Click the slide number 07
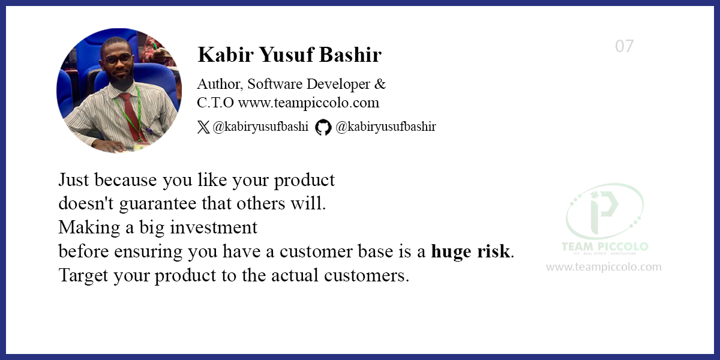coord(624,46)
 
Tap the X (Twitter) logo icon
coord(203,127)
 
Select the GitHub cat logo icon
coord(323,127)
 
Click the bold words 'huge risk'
coord(470,251)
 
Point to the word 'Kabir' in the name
coord(226,55)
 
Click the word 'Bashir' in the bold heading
coord(350,55)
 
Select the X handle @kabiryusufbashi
coord(260,127)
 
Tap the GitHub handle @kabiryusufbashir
coord(386,127)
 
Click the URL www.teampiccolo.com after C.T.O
coord(308,103)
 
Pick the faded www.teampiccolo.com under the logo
coord(604,267)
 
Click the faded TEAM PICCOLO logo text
coord(605,247)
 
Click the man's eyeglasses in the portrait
coord(118,60)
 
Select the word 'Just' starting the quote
coord(74,179)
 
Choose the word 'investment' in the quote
coord(214,227)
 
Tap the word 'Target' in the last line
coord(83,276)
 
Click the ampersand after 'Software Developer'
coord(380,84)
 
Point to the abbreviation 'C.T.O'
coord(215,103)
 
